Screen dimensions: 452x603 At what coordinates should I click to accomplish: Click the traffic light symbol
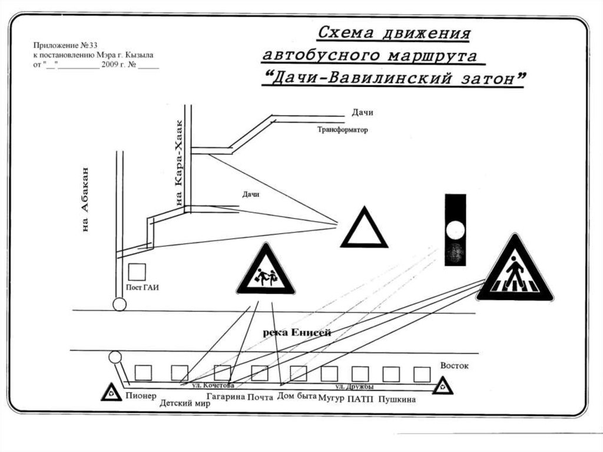(x=455, y=230)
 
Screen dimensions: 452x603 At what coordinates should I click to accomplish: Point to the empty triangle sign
(x=363, y=230)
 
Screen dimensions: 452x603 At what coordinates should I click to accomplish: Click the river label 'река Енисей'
(x=297, y=332)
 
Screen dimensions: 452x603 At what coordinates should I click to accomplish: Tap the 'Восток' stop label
(x=454, y=366)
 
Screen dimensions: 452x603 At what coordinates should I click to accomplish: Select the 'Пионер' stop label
(x=140, y=395)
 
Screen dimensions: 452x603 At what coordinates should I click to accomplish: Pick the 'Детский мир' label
(x=185, y=404)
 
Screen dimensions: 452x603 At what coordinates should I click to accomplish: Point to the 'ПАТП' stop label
(x=360, y=399)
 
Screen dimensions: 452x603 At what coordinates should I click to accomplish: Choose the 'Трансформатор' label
(x=342, y=130)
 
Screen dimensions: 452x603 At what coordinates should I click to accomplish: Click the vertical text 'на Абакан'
(x=86, y=199)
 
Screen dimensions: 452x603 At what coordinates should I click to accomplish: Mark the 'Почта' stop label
(x=260, y=397)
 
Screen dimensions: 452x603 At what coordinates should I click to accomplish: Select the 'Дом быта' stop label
(x=297, y=396)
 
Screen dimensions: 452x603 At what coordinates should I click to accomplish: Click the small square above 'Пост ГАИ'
(x=137, y=272)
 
